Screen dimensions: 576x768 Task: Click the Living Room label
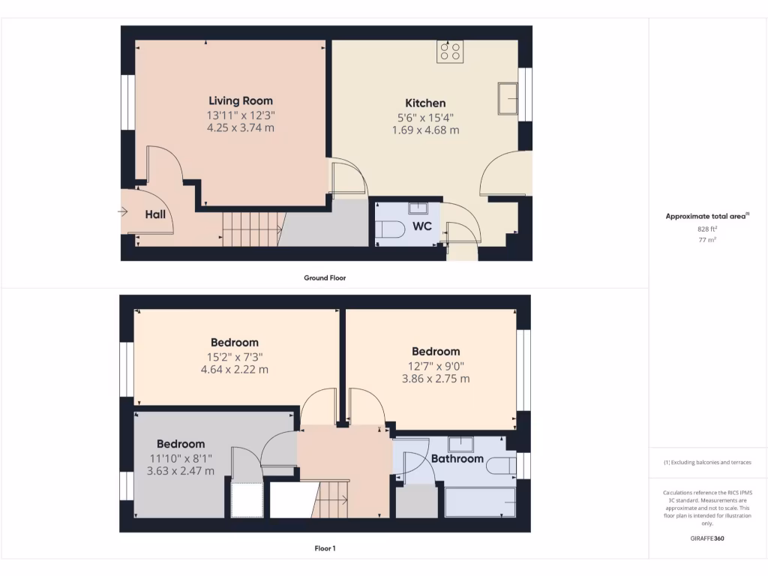(240, 100)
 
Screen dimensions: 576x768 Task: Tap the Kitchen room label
(425, 103)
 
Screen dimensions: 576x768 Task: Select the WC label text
(422, 226)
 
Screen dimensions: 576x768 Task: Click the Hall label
(155, 214)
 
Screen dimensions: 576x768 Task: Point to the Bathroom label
(457, 458)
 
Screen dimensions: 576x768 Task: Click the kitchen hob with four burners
(450, 52)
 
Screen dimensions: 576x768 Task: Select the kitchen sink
(507, 98)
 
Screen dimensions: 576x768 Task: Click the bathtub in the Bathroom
(480, 502)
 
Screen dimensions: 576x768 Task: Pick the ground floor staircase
(252, 229)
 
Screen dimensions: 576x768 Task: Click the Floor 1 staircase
(330, 499)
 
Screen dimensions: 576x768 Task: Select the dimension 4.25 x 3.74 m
(240, 128)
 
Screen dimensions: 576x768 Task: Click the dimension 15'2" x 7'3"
(234, 356)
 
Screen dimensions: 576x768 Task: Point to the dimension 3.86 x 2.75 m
(436, 379)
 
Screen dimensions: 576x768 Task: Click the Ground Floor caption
(325, 277)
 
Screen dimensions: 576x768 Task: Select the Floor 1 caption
(325, 548)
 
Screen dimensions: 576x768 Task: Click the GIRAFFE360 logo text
(706, 538)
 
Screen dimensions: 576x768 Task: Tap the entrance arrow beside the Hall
(123, 212)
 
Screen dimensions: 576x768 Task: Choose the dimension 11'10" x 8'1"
(181, 458)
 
